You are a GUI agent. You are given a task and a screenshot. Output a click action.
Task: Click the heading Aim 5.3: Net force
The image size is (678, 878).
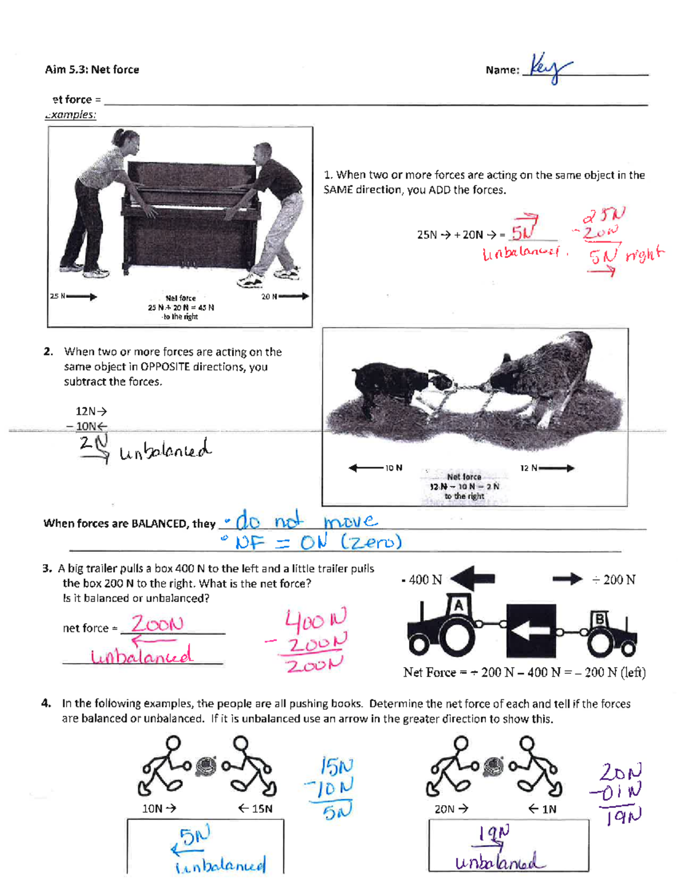[x=92, y=70]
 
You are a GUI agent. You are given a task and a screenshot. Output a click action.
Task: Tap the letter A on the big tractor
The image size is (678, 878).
[x=458, y=607]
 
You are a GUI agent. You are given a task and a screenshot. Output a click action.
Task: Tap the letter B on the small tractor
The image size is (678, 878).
[x=598, y=620]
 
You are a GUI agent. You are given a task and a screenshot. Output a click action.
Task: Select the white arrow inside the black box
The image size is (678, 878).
[x=530, y=630]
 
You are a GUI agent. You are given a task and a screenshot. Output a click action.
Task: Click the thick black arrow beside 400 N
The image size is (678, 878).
[x=473, y=579]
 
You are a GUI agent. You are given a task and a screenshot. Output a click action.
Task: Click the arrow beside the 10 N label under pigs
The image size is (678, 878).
[x=366, y=468]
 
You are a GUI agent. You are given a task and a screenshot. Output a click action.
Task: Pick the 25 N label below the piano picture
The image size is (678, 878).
[x=57, y=296]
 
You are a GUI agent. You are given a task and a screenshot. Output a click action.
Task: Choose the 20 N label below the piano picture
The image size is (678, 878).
[x=269, y=296]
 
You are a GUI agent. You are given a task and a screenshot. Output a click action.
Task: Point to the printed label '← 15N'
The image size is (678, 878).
[x=255, y=809]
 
